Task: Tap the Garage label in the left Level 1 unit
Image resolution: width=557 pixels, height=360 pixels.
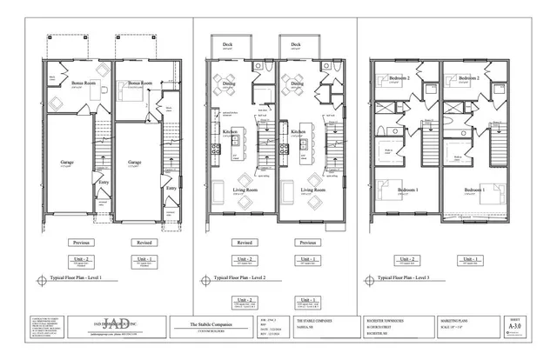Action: tap(67, 162)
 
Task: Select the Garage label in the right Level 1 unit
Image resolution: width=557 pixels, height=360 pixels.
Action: tap(135, 162)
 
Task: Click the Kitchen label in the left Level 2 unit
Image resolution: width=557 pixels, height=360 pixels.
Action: tap(230, 131)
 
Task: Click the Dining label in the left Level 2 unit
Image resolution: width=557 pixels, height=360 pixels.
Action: tap(229, 83)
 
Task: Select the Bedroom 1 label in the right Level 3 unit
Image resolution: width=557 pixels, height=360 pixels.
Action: tap(473, 189)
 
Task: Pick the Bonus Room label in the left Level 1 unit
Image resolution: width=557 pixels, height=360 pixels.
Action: tap(84, 83)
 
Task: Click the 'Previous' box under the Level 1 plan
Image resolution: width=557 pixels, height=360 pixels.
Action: tap(81, 243)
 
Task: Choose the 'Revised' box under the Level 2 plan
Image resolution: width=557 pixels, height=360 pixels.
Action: tap(245, 243)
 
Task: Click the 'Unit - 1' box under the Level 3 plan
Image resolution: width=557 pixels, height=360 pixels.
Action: tap(472, 259)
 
